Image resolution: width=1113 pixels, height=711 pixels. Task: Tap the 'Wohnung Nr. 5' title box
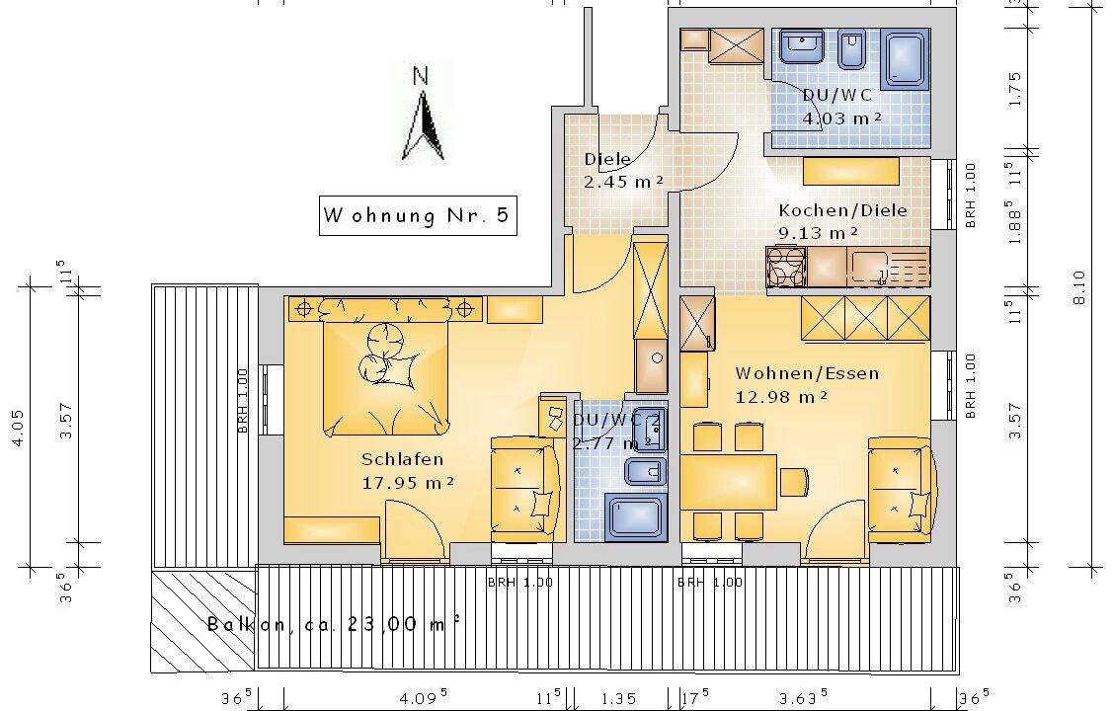[x=418, y=215]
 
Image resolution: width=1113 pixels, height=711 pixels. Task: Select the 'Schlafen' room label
[x=403, y=459]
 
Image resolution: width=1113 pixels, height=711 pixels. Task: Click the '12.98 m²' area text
[x=781, y=397]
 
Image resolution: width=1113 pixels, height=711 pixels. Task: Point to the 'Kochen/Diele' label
[x=842, y=210]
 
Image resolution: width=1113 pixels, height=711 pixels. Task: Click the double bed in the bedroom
[x=386, y=377]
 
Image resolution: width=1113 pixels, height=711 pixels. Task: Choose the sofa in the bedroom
[x=525, y=490]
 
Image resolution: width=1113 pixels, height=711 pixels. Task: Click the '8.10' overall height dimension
[x=1079, y=286]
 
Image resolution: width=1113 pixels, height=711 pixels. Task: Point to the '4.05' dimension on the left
[x=19, y=428]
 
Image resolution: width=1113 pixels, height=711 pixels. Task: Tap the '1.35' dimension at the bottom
[x=618, y=699]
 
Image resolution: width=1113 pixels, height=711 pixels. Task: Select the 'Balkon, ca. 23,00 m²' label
[x=334, y=624]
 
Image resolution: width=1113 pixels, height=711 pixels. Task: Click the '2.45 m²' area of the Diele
[x=623, y=182]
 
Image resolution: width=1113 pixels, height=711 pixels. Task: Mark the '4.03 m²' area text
[x=841, y=118]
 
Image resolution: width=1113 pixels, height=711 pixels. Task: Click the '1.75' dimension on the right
[x=1015, y=89]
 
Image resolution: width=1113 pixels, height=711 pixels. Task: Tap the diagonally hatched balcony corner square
[x=203, y=619]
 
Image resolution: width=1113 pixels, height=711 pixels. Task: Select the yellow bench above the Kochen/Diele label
[x=851, y=171]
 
